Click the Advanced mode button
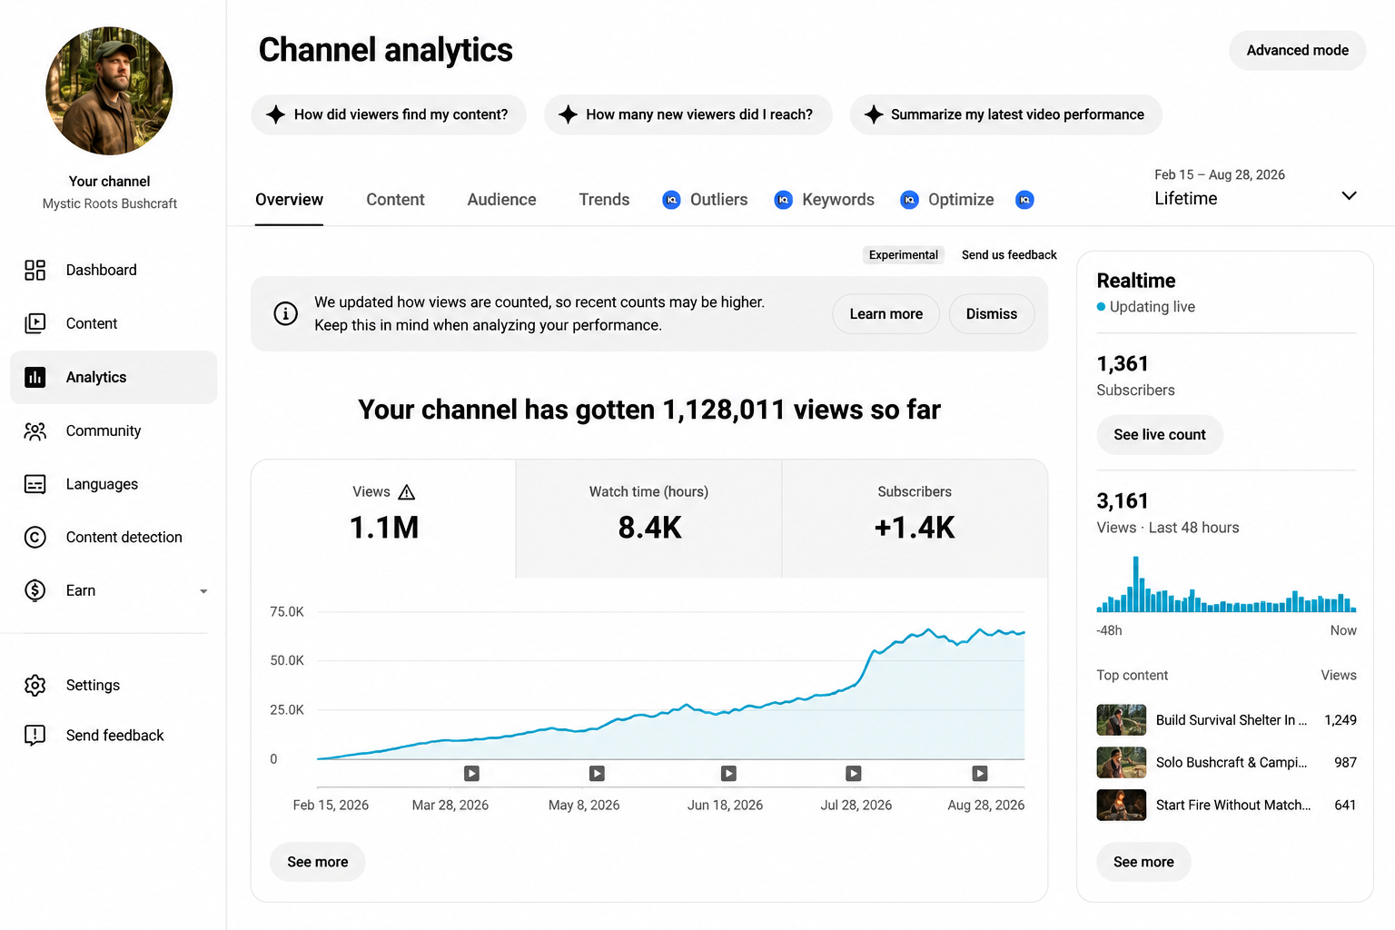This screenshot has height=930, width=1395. click(1297, 51)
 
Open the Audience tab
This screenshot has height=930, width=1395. click(501, 199)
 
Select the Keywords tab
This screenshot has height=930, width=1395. click(837, 199)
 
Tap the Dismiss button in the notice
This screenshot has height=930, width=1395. click(992, 314)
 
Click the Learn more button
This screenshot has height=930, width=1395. click(885, 314)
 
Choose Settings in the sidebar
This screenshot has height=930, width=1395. click(93, 685)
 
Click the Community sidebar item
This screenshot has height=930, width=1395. click(104, 430)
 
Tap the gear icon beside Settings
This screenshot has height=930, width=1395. click(35, 685)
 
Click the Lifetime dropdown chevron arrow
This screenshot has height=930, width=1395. click(1349, 195)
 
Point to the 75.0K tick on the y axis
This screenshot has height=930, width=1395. click(286, 612)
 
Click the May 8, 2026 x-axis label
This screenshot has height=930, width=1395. click(584, 805)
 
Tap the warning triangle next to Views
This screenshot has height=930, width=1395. click(407, 492)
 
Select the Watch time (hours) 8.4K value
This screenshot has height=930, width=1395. click(649, 528)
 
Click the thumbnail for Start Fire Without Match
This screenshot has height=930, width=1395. click(1121, 805)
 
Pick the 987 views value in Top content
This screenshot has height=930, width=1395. click(1345, 763)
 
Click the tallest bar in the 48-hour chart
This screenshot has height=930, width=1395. click(1136, 584)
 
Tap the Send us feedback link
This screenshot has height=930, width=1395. click(1009, 255)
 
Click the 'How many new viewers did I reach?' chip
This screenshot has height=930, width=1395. click(688, 114)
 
